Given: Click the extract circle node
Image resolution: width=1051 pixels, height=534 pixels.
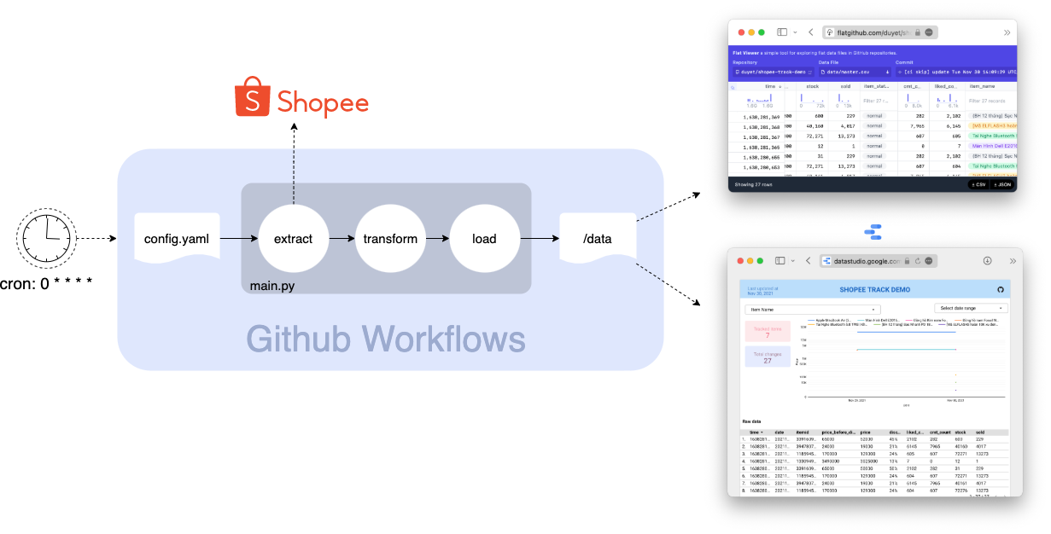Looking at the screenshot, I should [293, 239].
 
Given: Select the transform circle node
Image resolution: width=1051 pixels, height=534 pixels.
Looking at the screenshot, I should [389, 239].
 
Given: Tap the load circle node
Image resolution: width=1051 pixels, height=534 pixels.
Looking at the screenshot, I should [484, 239].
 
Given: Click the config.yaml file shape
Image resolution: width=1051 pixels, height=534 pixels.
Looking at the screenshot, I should [177, 238].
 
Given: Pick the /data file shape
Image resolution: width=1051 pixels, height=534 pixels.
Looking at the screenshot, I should [598, 238].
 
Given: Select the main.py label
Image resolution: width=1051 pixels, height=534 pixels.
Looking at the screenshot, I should [272, 286].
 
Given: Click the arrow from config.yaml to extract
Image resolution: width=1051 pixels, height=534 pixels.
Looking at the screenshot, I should [238, 239].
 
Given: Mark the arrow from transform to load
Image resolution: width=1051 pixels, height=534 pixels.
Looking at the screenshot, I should [436, 239].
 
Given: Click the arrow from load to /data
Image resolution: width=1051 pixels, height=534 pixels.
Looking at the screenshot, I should [538, 239].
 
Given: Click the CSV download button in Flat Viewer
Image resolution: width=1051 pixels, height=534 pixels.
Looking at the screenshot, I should [978, 184].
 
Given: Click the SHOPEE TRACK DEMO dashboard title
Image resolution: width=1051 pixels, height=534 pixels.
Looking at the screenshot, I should [874, 290].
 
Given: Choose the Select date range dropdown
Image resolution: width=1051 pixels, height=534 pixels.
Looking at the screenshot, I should [971, 308].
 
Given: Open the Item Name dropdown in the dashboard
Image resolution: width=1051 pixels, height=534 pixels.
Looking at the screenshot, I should [812, 309].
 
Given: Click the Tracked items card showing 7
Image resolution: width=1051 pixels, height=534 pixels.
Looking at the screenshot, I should [768, 332].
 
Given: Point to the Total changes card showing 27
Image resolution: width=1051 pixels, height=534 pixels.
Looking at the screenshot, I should [768, 357].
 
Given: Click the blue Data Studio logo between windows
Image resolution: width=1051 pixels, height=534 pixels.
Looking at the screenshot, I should [873, 231].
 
